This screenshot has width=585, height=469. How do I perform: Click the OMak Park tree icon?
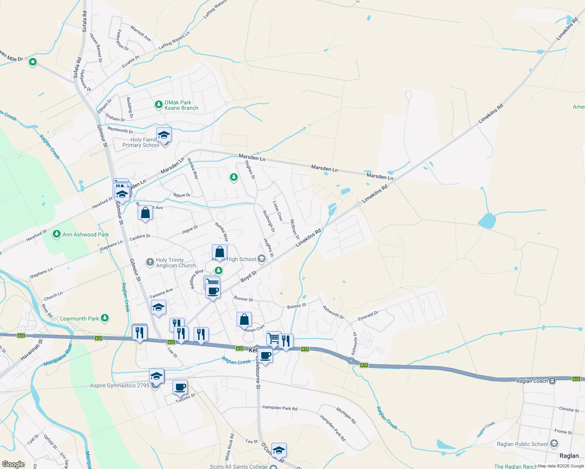(x=158, y=104)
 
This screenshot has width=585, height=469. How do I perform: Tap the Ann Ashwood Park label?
(x=86, y=234)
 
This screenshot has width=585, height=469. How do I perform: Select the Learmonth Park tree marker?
(x=104, y=318)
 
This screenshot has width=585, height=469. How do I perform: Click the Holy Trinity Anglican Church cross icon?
(x=150, y=262)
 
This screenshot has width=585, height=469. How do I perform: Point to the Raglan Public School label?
(x=522, y=444)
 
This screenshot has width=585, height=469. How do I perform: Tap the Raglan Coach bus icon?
(x=552, y=381)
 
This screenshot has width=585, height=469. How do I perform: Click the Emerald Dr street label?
(x=368, y=316)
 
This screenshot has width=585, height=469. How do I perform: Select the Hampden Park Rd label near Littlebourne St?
(x=280, y=408)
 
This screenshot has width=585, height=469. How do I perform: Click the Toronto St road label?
(x=185, y=398)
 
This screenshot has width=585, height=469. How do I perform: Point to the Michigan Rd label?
(x=346, y=415)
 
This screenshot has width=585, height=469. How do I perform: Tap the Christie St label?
(x=569, y=410)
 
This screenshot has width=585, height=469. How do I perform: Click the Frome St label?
(x=563, y=431)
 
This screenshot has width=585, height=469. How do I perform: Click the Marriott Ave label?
(x=141, y=33)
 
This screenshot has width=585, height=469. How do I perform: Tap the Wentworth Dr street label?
(x=120, y=130)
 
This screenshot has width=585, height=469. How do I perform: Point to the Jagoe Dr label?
(x=190, y=230)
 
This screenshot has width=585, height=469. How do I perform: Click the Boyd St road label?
(x=248, y=276)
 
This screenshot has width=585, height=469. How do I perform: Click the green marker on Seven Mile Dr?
(x=33, y=61)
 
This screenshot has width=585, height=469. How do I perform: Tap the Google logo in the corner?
(x=13, y=464)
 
